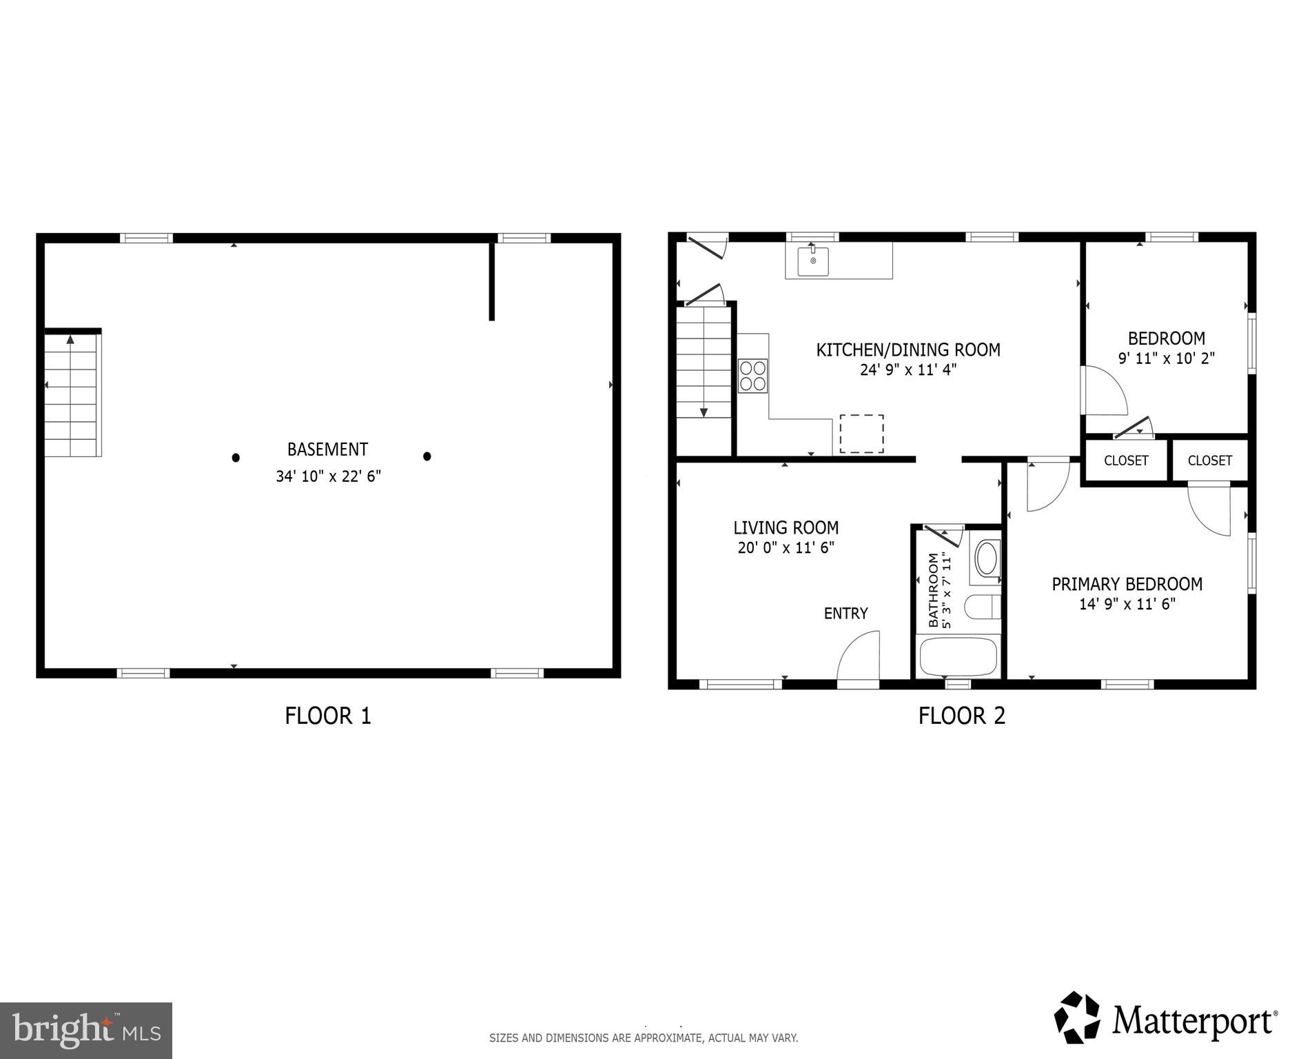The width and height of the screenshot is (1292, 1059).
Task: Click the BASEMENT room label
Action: (327, 450)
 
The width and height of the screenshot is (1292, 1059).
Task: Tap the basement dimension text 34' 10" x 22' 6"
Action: (328, 476)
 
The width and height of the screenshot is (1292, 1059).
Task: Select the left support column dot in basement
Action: (236, 457)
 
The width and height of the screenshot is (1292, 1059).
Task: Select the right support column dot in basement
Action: (427, 456)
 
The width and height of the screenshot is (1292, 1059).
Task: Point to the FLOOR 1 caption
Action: (328, 716)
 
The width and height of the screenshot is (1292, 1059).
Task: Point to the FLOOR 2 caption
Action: (961, 716)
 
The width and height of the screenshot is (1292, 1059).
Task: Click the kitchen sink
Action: (813, 261)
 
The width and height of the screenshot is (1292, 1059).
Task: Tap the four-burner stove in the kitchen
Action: (752, 376)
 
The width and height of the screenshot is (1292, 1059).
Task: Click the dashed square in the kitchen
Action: (861, 434)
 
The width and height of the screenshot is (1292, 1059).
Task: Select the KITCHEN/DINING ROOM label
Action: (908, 350)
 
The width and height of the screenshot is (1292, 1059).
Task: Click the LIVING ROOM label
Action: (786, 528)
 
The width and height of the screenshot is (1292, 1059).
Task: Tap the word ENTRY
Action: (845, 614)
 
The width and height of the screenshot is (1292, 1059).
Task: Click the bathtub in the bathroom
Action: (958, 657)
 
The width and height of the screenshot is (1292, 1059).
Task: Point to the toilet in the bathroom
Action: (979, 607)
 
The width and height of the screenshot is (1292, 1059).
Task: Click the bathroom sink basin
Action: (987, 558)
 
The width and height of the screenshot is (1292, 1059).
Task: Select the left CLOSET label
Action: (1126, 461)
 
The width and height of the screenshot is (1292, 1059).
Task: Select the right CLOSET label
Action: (1209, 461)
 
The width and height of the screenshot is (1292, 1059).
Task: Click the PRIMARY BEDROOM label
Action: (1127, 585)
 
